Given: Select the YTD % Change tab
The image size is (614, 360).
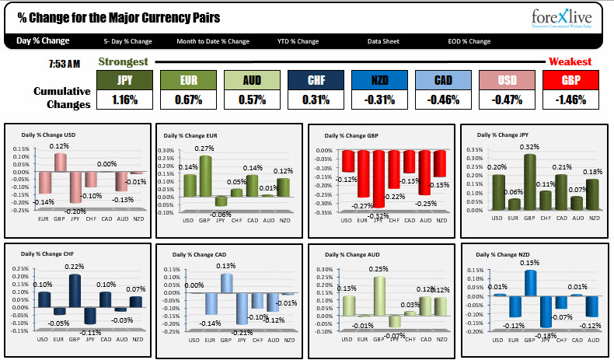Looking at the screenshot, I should pos(298,41).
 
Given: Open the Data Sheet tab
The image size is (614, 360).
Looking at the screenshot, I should pos(385,41).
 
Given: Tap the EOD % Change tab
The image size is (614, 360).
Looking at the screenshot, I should pos(469,41).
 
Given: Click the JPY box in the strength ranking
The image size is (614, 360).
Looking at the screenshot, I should pos(124,80).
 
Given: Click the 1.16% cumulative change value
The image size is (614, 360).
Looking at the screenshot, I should pos(124,100).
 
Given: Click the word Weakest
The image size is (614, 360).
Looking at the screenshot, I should pos(570,61).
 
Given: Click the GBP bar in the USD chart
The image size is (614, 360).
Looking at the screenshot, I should pos(60,163).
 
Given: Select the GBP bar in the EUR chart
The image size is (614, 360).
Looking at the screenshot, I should pos(205,176).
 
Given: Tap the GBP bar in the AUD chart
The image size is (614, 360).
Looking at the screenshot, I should pos(379,295).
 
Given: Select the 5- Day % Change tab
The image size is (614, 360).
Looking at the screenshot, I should pos(127,41).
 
